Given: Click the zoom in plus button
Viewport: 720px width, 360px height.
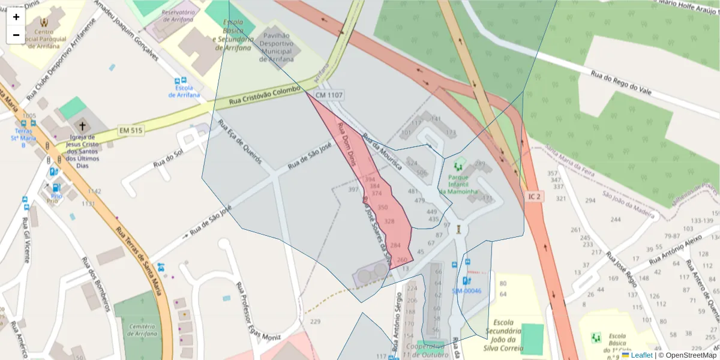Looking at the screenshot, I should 16,17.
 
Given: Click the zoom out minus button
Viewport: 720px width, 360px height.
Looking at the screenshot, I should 16,35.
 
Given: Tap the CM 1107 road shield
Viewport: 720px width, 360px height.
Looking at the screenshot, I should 329,95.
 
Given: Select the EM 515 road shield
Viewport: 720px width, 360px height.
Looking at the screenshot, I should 131,130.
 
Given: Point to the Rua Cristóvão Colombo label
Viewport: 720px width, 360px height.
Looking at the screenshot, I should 265,97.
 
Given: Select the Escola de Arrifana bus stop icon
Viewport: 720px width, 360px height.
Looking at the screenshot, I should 179,81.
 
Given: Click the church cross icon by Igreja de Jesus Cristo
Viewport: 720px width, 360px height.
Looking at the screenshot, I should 83,127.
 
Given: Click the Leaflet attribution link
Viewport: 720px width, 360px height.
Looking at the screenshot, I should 641,355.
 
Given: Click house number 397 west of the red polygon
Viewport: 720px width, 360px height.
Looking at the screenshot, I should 353,190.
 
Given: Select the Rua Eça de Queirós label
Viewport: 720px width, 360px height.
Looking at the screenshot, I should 240,142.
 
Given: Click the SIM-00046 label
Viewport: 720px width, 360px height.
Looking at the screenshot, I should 466,291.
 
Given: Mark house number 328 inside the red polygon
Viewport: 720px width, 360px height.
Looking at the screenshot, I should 389,221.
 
